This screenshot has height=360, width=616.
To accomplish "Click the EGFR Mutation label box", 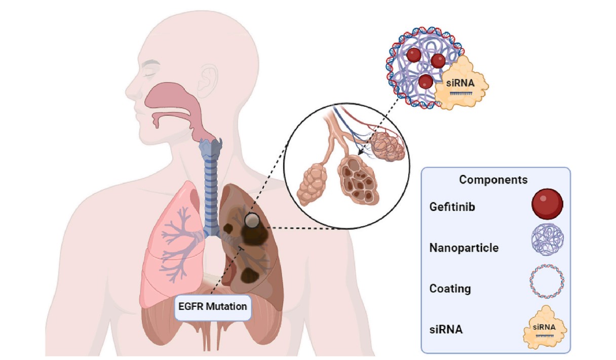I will tap(213, 307).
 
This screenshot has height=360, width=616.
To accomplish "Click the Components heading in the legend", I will tap(493, 180).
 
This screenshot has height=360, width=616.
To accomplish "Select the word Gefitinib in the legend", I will tap(452, 208).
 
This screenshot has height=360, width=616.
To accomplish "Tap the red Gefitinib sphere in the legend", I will tap(547, 203).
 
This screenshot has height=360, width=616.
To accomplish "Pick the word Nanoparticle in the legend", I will tap(464, 248).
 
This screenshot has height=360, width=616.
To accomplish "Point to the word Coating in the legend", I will tap(450, 289).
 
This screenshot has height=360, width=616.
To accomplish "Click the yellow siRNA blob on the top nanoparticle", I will tap(461, 82).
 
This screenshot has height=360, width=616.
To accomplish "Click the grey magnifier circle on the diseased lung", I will tap(252, 220).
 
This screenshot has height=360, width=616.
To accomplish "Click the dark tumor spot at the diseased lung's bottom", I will tap(250, 274).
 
